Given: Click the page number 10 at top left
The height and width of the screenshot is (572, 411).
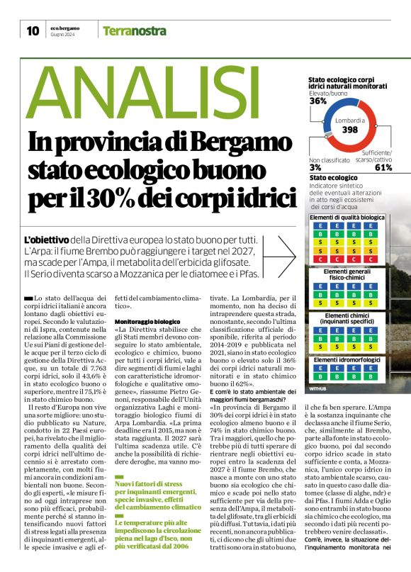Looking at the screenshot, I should click(33, 30).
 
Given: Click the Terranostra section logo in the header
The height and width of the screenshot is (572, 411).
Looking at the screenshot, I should click(135, 31).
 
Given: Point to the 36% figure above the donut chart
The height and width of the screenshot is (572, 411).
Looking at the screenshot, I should click(318, 101).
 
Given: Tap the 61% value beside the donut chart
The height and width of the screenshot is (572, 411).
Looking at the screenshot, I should click(383, 167).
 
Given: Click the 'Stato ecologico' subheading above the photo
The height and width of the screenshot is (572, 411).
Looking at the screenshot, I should click(333, 177).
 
